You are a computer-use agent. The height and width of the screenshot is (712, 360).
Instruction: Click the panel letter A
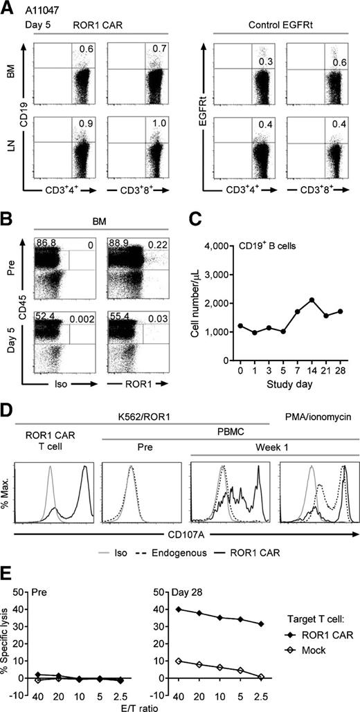coord(7,6)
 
